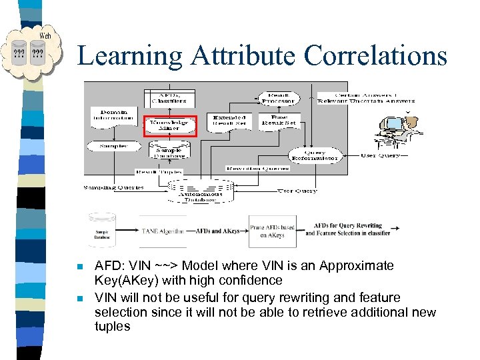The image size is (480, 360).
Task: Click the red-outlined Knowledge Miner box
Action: click(170, 125)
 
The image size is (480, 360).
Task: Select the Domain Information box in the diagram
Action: click(114, 115)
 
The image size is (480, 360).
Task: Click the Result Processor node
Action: click(278, 97)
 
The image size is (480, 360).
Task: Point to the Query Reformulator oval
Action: click(313, 155)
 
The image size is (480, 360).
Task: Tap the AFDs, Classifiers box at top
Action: click(170, 97)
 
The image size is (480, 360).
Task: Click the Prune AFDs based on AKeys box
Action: click(272, 231)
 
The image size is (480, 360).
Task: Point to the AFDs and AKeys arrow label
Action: click(217, 231)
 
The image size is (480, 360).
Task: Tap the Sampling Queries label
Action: click(114, 187)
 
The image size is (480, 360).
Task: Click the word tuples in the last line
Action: click(113, 327)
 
